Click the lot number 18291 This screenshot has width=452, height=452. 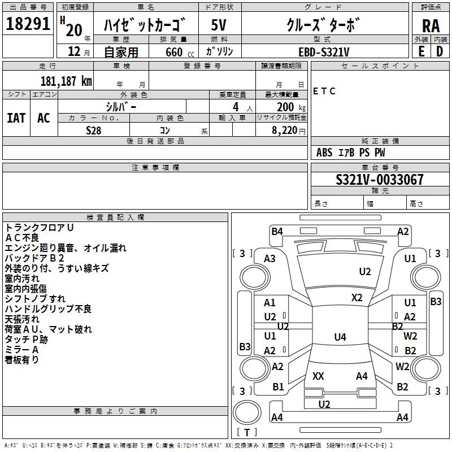(x=28, y=23)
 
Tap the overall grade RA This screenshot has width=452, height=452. (x=431, y=26)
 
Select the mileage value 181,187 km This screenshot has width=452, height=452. (x=66, y=81)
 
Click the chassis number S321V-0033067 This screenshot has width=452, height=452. (x=380, y=179)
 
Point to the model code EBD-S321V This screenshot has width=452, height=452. (x=324, y=52)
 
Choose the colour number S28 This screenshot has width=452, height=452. (x=94, y=131)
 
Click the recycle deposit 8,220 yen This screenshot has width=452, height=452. (x=288, y=131)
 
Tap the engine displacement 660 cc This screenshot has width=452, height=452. (x=180, y=52)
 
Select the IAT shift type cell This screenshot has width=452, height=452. (x=16, y=118)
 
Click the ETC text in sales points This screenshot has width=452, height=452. (x=324, y=91)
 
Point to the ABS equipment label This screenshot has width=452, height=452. (x=324, y=153)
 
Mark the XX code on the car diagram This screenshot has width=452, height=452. (x=318, y=376)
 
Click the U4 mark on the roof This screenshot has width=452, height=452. (x=340, y=337)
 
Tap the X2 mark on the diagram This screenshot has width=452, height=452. (x=357, y=298)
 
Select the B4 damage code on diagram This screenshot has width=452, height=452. (x=277, y=232)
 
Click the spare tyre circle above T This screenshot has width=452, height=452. (x=247, y=412)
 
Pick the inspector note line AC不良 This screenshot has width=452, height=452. (x=22, y=238)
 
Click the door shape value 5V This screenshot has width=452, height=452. (x=219, y=25)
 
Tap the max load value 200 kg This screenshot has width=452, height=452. (x=291, y=107)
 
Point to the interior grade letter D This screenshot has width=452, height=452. (x=440, y=51)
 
